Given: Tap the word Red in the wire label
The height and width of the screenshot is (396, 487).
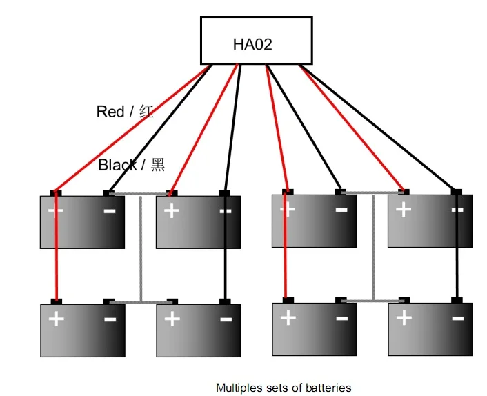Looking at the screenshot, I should click(110, 112).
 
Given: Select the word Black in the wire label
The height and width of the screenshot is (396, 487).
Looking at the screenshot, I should click(118, 165).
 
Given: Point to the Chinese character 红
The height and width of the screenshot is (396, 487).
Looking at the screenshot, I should click(146, 112).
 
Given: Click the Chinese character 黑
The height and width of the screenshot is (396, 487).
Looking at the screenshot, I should click(158, 165).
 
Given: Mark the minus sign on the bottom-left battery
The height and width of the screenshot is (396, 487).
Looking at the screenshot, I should click(109, 319).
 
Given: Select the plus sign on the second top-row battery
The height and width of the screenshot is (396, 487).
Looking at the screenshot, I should click(172, 210).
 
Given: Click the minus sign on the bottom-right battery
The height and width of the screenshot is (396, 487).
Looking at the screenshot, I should click(457, 318).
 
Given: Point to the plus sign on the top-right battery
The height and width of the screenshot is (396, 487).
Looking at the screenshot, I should click(404, 210).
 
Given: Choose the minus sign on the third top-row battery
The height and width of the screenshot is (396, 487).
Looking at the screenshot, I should click(341, 209).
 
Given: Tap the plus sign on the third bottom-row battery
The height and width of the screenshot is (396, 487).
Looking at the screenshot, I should click(288, 318).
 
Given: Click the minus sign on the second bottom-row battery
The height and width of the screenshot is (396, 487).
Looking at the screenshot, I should click(225, 319).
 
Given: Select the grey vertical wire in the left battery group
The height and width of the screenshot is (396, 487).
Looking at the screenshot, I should click(141, 248).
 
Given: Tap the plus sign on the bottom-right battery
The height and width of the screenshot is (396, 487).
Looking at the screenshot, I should click(404, 318).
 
